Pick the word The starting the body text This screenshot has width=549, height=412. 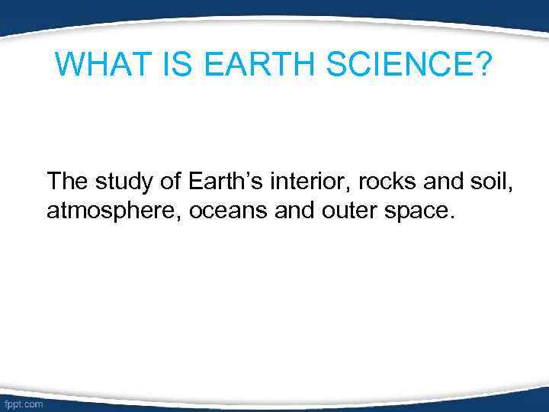click(x=68, y=182)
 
